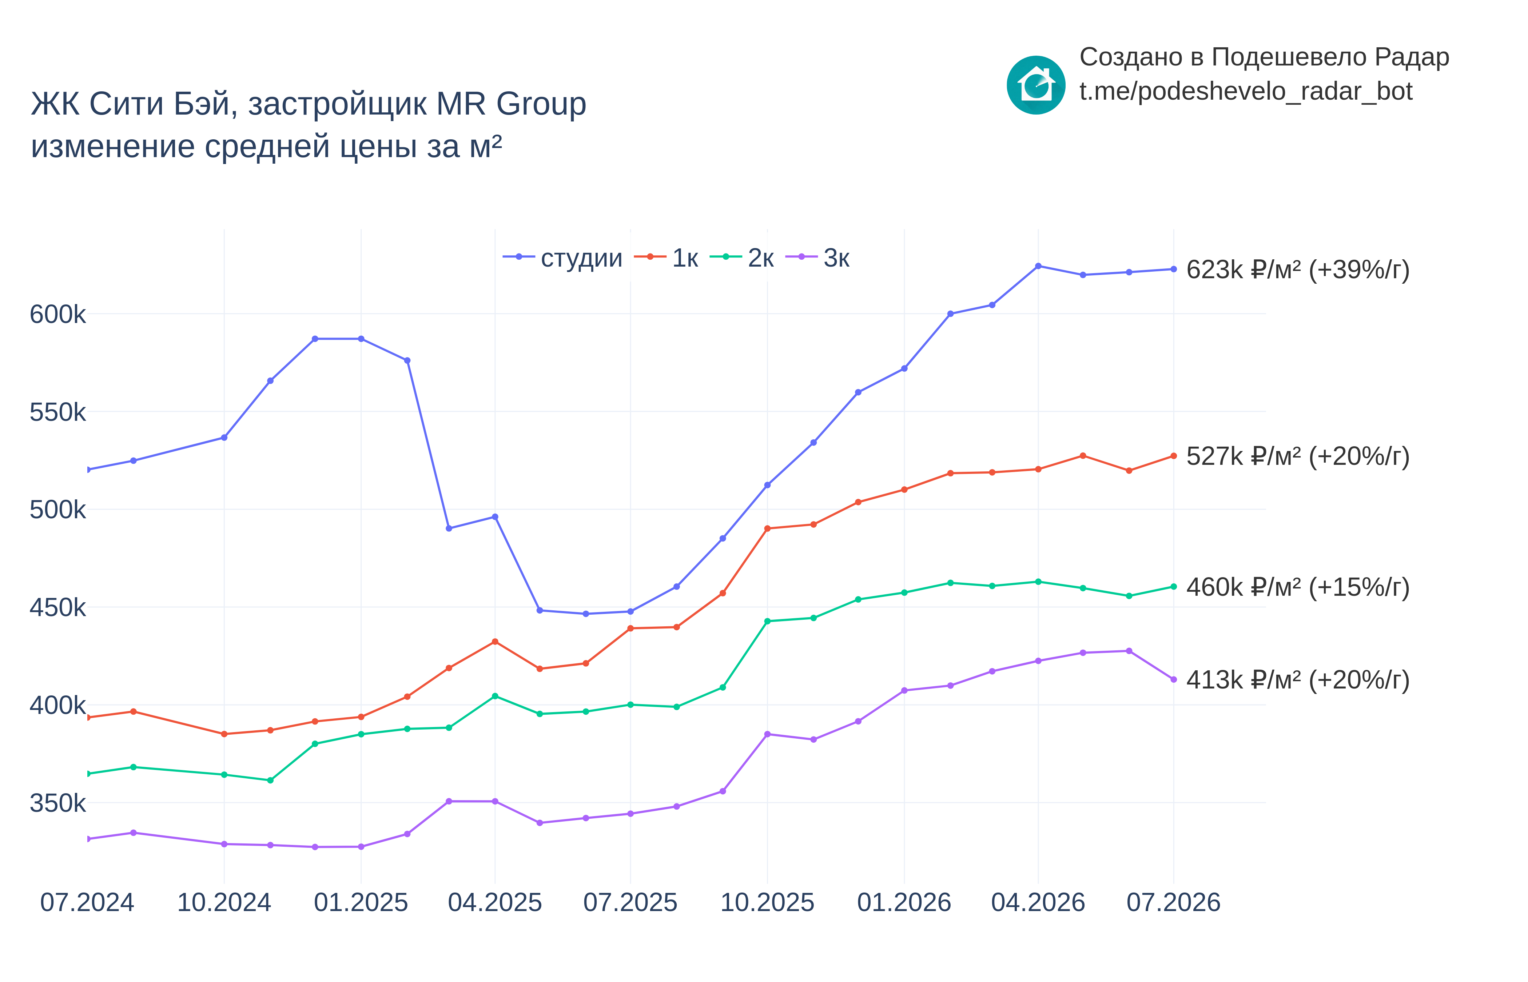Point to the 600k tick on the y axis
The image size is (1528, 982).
click(x=57, y=314)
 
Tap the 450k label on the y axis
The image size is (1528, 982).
click(x=57, y=608)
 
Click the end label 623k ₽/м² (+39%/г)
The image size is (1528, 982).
click(x=1298, y=270)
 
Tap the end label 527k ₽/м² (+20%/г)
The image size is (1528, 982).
click(x=1298, y=456)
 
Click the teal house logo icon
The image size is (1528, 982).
click(x=1036, y=85)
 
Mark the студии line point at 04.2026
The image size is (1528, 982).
click(x=1038, y=266)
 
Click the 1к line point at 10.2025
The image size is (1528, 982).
click(x=767, y=528)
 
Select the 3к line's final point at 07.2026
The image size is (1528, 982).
click(x=1173, y=680)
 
